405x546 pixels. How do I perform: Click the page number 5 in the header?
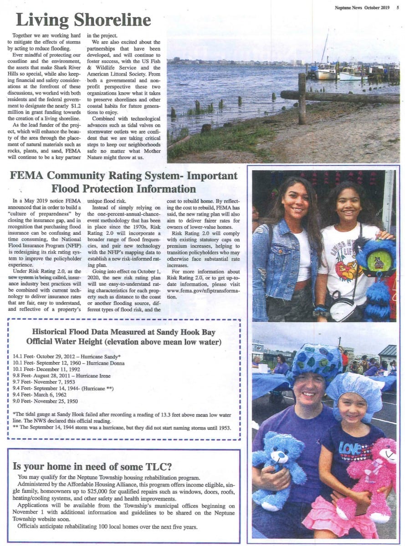tap(398, 6)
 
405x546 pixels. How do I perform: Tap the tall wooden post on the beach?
tap(302, 98)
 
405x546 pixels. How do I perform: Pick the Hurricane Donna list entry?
tap(69, 363)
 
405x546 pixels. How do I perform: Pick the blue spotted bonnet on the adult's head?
tap(314, 360)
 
